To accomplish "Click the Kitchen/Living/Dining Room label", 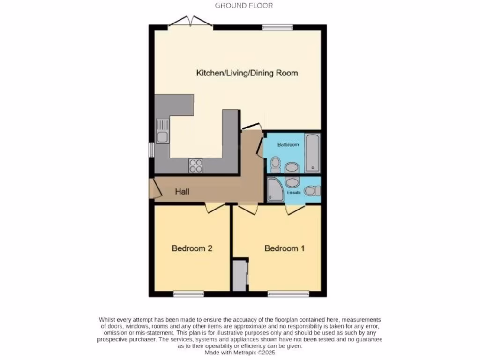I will click(x=247, y=73).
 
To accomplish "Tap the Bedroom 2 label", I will click(x=192, y=248).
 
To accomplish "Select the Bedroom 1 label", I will click(x=285, y=248).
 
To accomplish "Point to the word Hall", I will click(x=183, y=191).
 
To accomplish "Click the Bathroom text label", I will click(x=288, y=145).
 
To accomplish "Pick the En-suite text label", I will click(x=293, y=193).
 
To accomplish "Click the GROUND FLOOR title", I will click(x=244, y=6).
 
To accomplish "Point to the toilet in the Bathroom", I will click(x=275, y=164).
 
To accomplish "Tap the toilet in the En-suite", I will click(x=311, y=191).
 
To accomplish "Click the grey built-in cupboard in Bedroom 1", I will click(x=240, y=276).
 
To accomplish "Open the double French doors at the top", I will click(x=191, y=22).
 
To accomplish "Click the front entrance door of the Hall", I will click(x=154, y=189).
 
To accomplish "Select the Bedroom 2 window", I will click(x=188, y=294).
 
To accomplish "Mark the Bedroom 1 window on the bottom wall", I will click(x=288, y=294).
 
